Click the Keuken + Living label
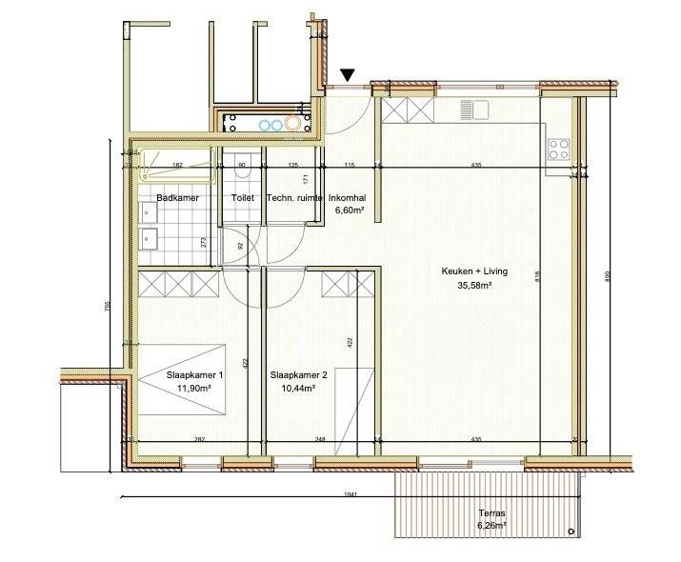point(474,271)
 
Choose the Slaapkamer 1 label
point(194,375)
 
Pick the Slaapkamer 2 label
point(299,375)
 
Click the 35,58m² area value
point(474,285)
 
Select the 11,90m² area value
point(194,389)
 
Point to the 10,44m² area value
point(299,389)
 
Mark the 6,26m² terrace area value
point(491,525)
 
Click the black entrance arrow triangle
point(349,74)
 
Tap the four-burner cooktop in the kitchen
point(558,149)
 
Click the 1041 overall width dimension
point(352,494)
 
